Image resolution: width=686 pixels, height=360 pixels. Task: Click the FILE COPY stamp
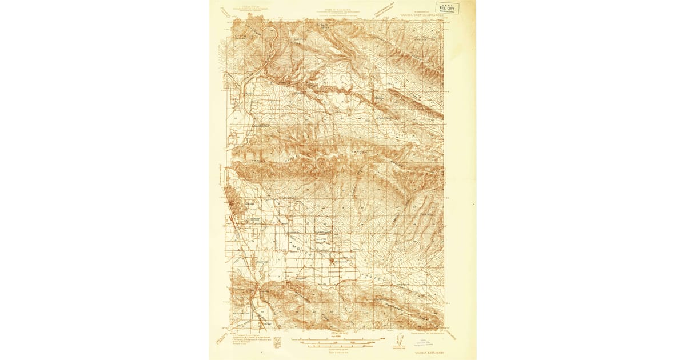[x=447, y=7]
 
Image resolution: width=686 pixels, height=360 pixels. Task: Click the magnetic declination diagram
[x=398, y=342]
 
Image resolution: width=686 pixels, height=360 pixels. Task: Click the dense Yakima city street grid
[x=235, y=205]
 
